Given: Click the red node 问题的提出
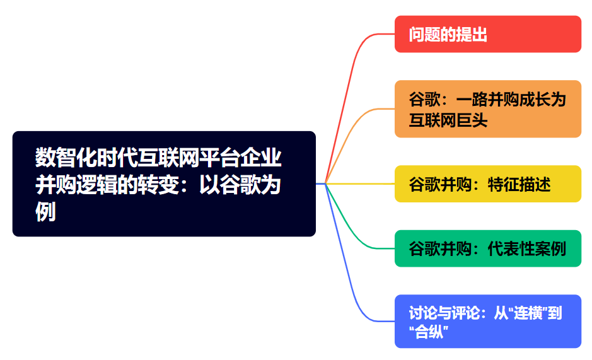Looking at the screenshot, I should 487,34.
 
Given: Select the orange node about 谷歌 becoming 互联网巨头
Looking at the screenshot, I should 487,109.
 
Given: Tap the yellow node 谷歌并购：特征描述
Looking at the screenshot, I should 487,184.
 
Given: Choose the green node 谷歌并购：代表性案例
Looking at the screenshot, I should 487,248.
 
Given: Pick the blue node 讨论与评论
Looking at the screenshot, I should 487,322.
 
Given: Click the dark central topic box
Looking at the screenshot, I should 164,183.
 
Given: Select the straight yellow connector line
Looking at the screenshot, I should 359,183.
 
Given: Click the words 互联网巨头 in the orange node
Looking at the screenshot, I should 448,120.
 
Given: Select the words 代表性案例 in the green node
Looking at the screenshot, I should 527,248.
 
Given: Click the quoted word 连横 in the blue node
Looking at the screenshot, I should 527,313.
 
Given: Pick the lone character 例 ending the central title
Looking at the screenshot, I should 45,212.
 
